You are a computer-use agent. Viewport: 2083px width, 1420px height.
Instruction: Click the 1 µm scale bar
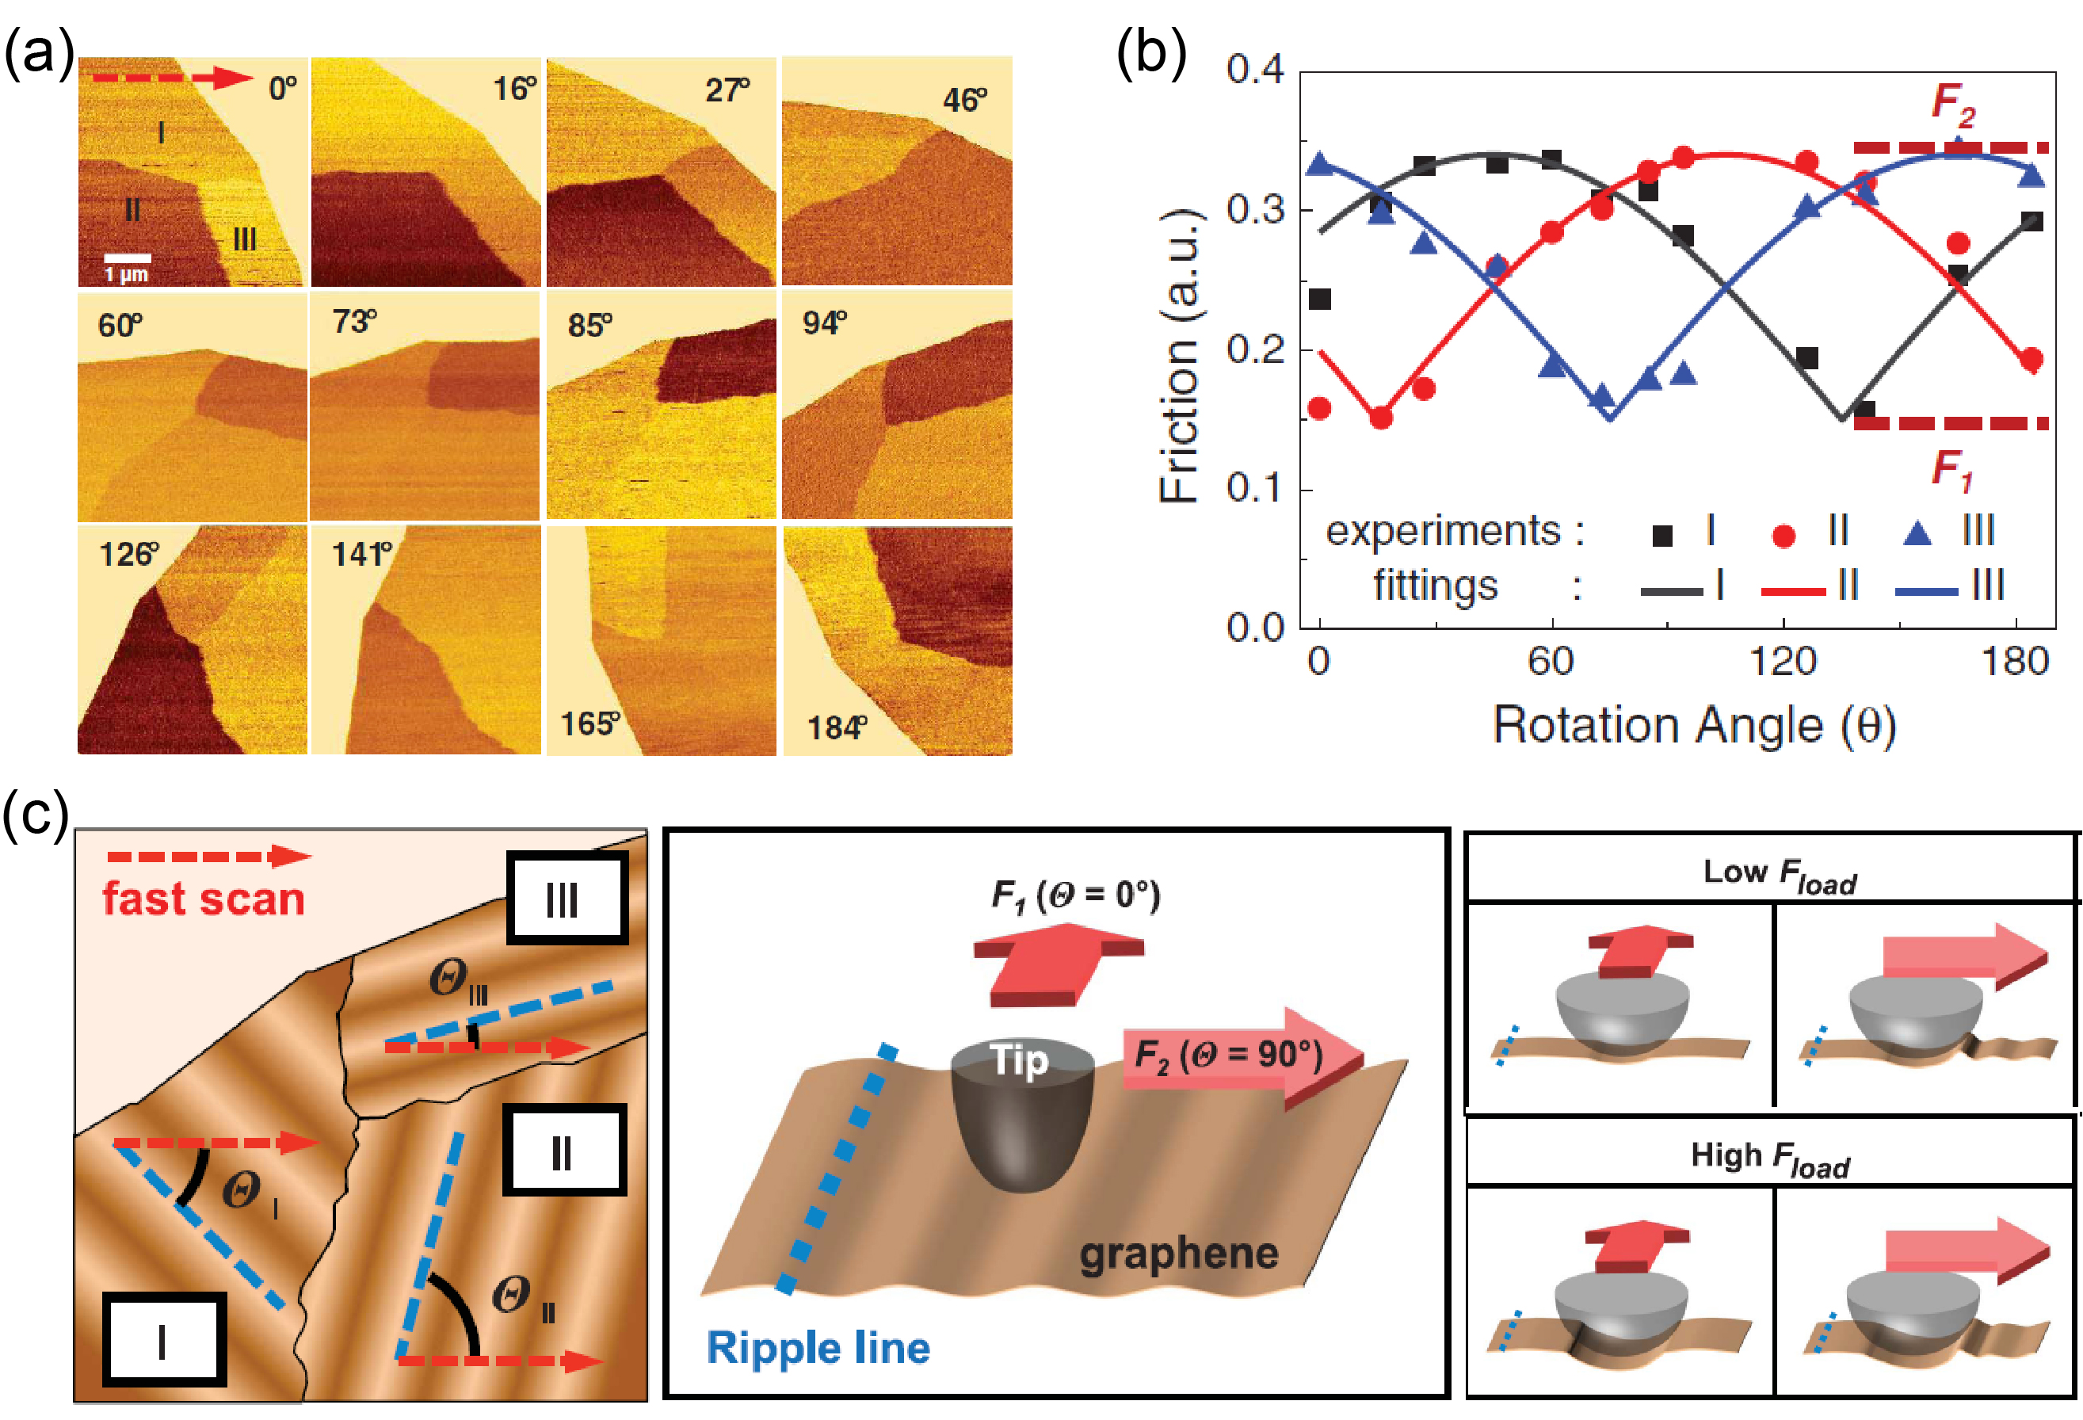point(128,258)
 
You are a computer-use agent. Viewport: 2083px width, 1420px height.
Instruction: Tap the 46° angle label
point(964,100)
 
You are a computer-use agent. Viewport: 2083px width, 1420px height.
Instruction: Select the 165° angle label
point(589,723)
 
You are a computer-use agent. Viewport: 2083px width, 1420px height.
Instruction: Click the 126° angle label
point(129,554)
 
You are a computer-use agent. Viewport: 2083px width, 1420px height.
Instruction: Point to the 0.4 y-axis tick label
point(1255,69)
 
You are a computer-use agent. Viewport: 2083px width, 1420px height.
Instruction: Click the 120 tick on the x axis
point(1783,662)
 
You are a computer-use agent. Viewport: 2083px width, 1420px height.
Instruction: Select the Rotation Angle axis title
point(1694,724)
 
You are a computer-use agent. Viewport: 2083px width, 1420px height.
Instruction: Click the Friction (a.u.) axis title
point(1180,355)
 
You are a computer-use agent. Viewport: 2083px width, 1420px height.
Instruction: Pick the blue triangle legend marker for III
point(1917,534)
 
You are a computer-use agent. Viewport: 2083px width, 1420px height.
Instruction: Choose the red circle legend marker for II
point(1784,535)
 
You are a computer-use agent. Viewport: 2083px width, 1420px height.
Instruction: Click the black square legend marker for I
point(1661,535)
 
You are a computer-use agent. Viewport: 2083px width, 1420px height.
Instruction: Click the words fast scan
point(204,899)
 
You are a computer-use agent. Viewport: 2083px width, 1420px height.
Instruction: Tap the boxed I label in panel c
point(163,1339)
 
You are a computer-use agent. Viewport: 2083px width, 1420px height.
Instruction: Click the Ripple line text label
point(818,1347)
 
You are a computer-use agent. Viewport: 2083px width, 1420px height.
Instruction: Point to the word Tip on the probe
point(1019,1059)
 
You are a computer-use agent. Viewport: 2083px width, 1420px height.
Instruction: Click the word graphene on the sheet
point(1179,1254)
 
